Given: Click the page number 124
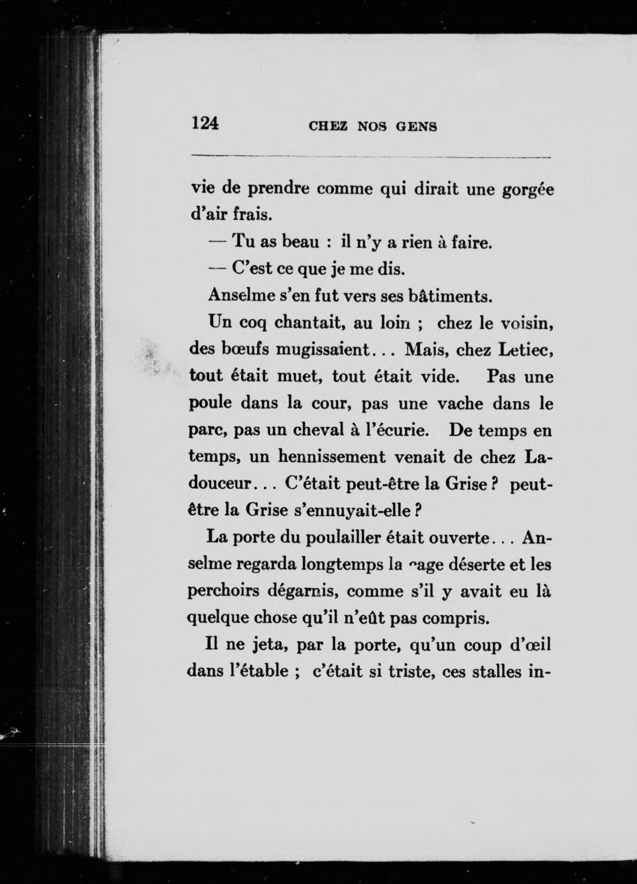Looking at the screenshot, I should click(x=205, y=123).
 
